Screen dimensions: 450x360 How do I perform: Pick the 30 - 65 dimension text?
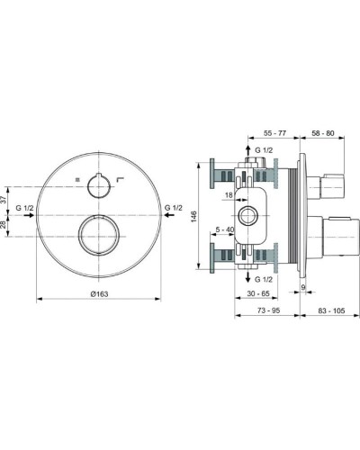click(x=259, y=293)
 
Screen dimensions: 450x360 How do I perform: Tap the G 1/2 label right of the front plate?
click(x=175, y=209)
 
